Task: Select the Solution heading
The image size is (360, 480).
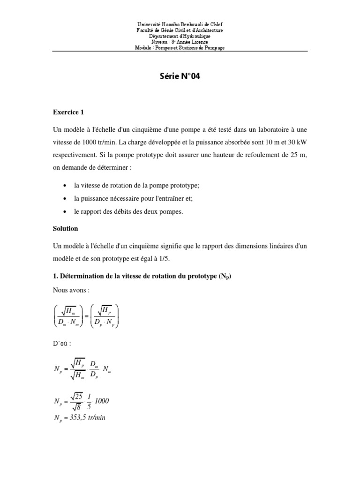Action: (x=65, y=229)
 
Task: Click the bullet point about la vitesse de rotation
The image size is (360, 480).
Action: (x=137, y=186)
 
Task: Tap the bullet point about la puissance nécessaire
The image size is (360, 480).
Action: (x=133, y=198)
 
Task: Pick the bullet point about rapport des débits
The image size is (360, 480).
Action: (x=128, y=211)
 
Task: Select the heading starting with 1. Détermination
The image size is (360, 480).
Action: (x=142, y=277)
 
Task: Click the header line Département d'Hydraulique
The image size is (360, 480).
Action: (x=180, y=36)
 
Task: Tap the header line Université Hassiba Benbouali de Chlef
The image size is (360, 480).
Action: (x=180, y=24)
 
